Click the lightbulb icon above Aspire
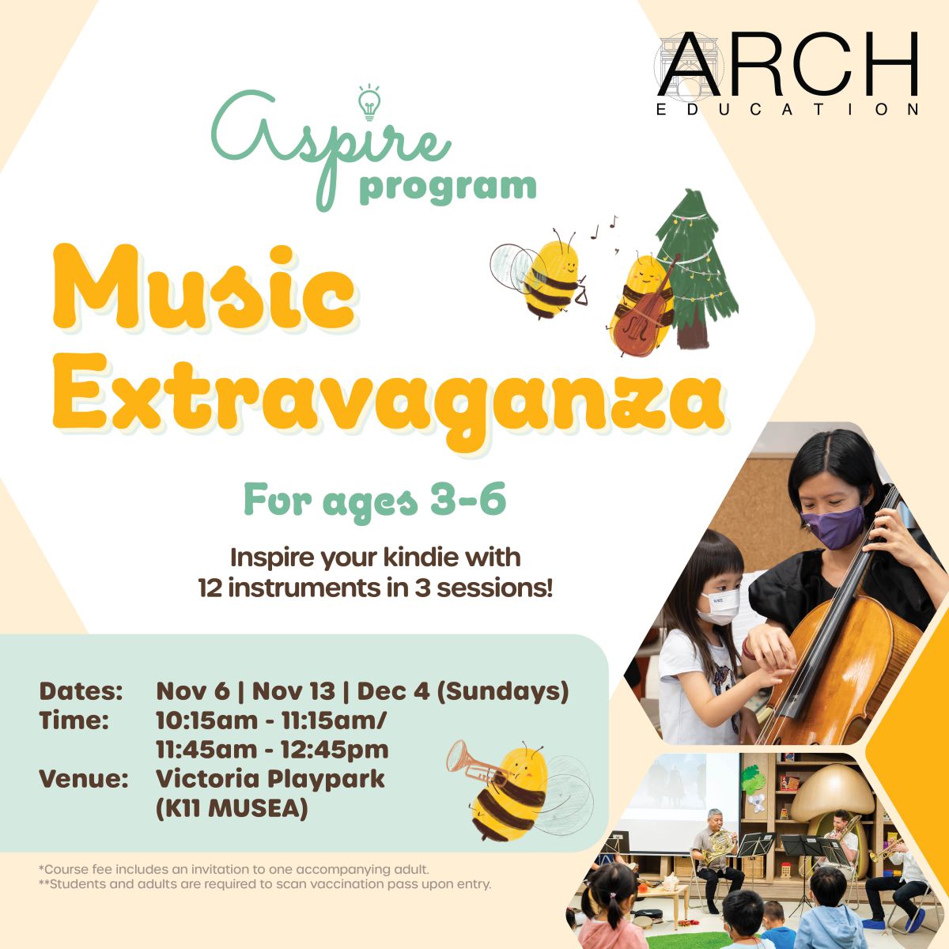click(369, 103)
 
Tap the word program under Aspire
click(448, 189)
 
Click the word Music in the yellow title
click(203, 288)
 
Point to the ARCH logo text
click(788, 64)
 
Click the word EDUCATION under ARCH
click(788, 109)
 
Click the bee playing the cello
click(641, 305)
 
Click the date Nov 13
click(293, 691)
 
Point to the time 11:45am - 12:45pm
click(272, 750)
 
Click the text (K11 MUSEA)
click(232, 809)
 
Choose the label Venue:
click(83, 779)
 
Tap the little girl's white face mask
click(720, 607)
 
